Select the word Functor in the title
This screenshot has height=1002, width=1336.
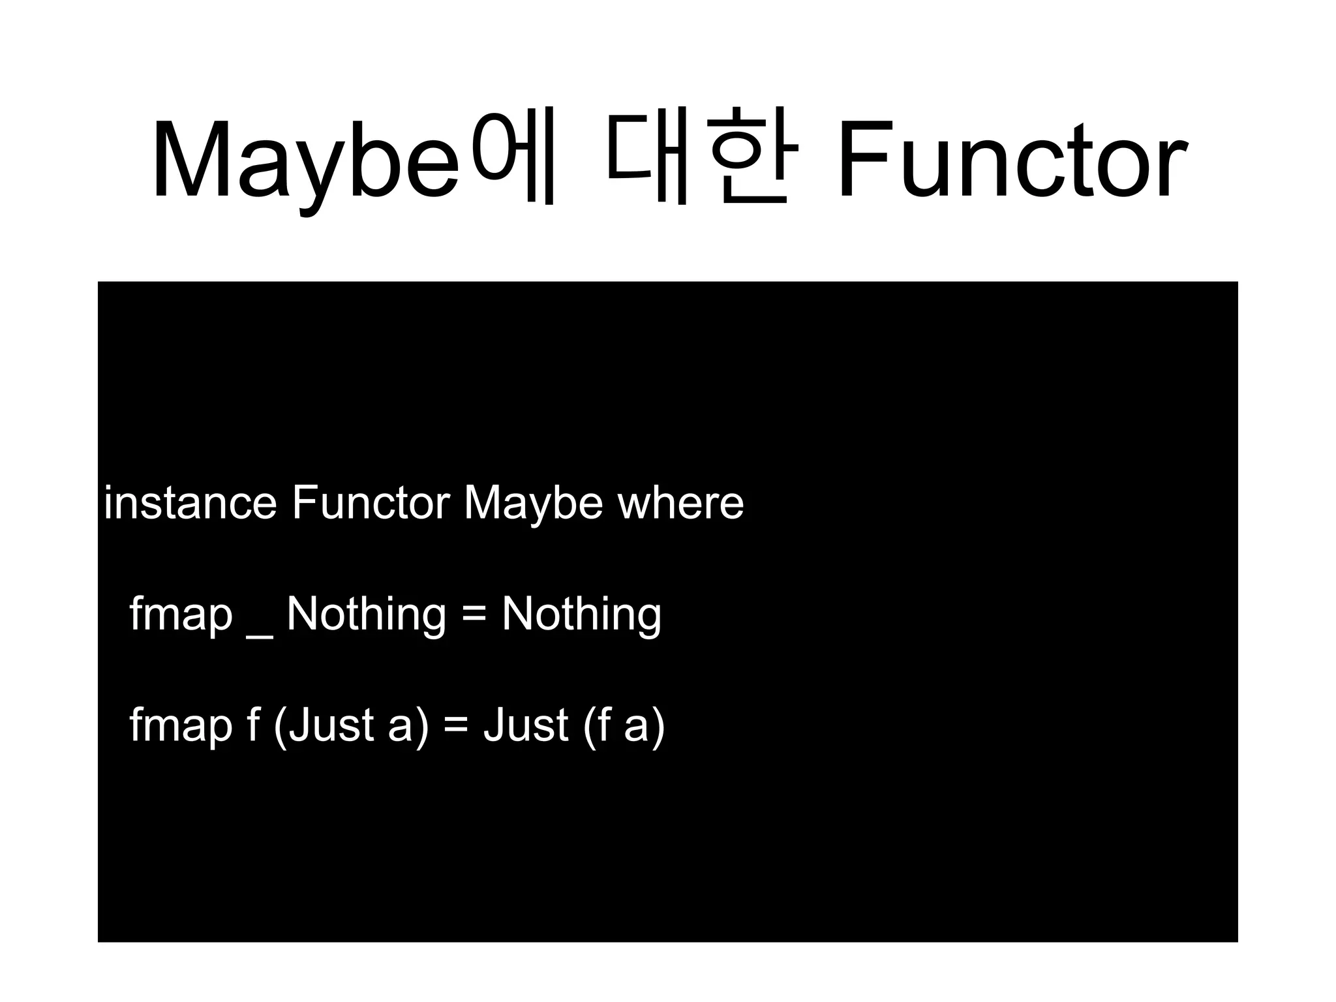(1011, 160)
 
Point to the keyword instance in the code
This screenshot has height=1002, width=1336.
(190, 503)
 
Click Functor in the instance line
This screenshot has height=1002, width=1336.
(371, 503)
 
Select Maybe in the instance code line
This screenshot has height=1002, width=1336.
(533, 504)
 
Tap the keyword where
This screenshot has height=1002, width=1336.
(680, 503)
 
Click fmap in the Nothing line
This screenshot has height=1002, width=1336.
(181, 615)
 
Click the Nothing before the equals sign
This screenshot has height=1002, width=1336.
(366, 615)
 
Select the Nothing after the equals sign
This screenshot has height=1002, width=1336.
(581, 615)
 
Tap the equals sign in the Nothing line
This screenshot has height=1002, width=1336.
(474, 615)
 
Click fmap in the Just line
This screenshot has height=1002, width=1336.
(181, 725)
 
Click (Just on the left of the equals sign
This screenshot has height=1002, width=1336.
(324, 725)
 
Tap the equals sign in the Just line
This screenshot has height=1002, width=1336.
(455, 725)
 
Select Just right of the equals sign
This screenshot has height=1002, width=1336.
(526, 725)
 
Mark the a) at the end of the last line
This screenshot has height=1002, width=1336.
(645, 725)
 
